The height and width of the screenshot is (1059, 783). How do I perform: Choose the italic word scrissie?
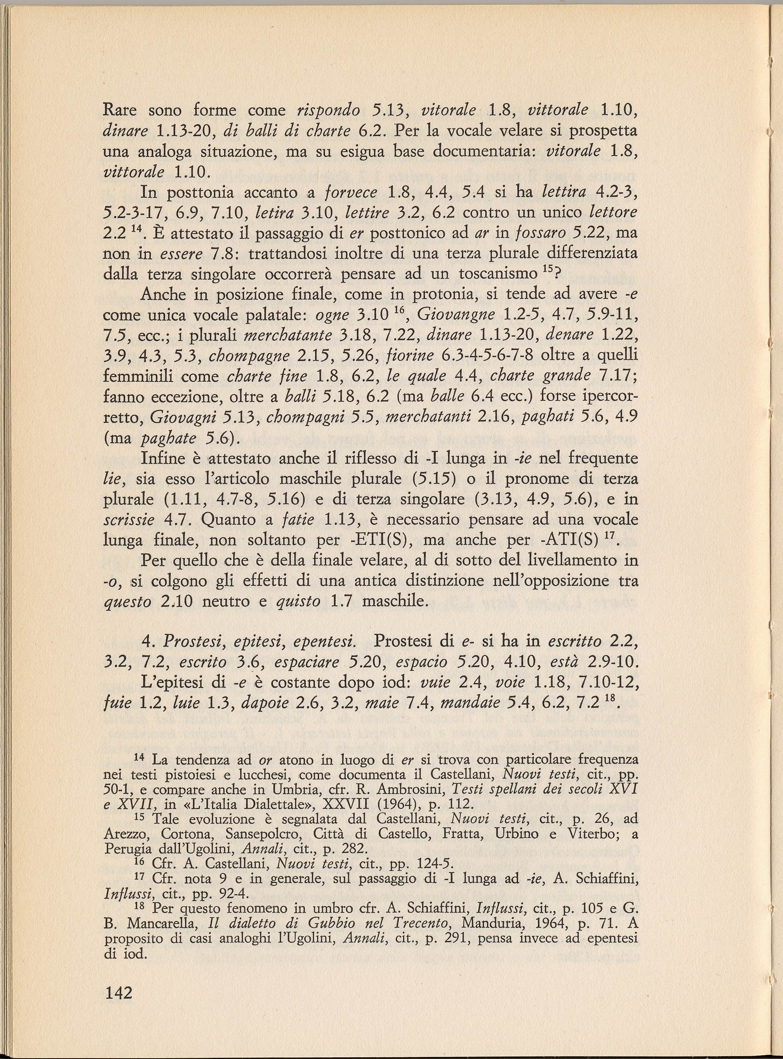(x=128, y=520)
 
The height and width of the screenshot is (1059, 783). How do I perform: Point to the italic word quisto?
(x=299, y=602)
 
